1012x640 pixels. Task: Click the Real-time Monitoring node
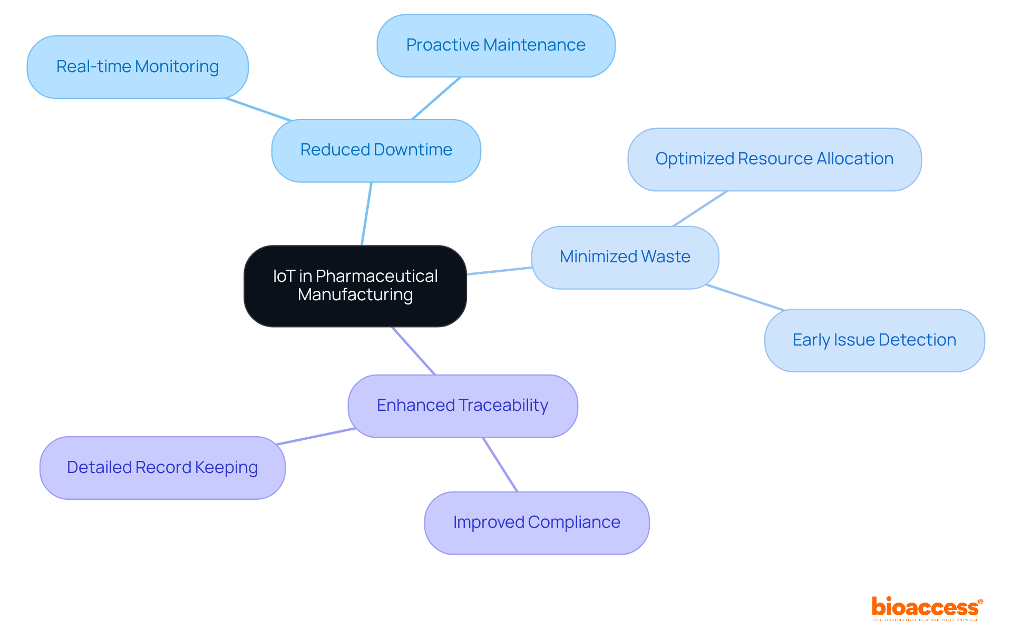coord(138,67)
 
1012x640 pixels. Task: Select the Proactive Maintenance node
coord(495,45)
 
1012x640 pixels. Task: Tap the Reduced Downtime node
coord(376,150)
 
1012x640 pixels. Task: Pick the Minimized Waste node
coord(625,257)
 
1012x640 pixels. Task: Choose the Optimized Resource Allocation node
coord(774,159)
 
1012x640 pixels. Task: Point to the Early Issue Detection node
coord(874,340)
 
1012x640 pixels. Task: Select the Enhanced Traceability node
coord(462,406)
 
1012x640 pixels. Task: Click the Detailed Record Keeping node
coord(162,468)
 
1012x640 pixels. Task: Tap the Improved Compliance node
coord(536,523)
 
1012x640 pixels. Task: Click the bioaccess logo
coord(927,608)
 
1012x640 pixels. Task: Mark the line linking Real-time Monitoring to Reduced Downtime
coord(258,110)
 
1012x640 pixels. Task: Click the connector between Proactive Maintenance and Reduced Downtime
coord(436,99)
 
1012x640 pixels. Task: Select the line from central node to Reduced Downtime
coord(366,214)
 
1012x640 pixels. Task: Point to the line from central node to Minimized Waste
coord(499,271)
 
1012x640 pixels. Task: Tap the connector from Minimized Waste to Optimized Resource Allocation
coord(700,209)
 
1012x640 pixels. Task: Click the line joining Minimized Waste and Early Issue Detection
coord(745,298)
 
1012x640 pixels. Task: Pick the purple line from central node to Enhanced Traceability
coord(413,351)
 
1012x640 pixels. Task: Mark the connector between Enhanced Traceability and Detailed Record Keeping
coord(316,436)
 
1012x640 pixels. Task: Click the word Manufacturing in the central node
coord(355,295)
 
